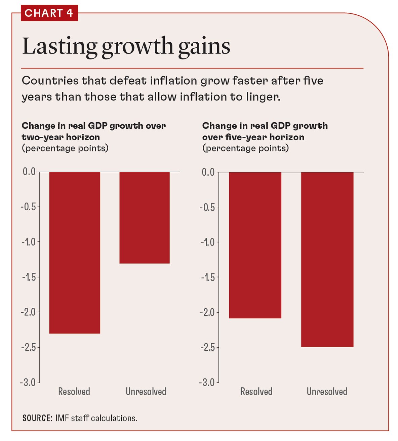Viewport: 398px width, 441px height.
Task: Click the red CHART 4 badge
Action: pos(49,13)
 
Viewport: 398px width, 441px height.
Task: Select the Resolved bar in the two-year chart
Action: pos(75,252)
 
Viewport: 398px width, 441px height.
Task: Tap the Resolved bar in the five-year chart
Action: pos(255,245)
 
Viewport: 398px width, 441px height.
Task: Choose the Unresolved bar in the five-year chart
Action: pos(327,259)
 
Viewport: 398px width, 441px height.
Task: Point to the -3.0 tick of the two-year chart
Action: pos(29,382)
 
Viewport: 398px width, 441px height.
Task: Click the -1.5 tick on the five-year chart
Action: pos(208,277)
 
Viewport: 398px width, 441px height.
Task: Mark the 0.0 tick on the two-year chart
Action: pos(29,172)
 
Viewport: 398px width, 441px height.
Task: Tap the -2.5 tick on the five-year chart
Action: pos(208,347)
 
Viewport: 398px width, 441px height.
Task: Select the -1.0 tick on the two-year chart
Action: pos(29,242)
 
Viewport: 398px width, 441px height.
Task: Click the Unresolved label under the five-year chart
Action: pos(327,392)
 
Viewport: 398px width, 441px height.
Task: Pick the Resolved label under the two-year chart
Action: pos(74,392)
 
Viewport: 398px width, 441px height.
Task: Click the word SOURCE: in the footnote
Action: pos(37,418)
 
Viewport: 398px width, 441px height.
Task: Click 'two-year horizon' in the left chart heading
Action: pos(61,137)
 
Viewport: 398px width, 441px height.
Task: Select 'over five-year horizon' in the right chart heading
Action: pos(253,137)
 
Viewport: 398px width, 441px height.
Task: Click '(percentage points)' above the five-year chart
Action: pos(245,148)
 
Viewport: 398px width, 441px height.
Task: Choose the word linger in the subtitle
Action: pos(264,97)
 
